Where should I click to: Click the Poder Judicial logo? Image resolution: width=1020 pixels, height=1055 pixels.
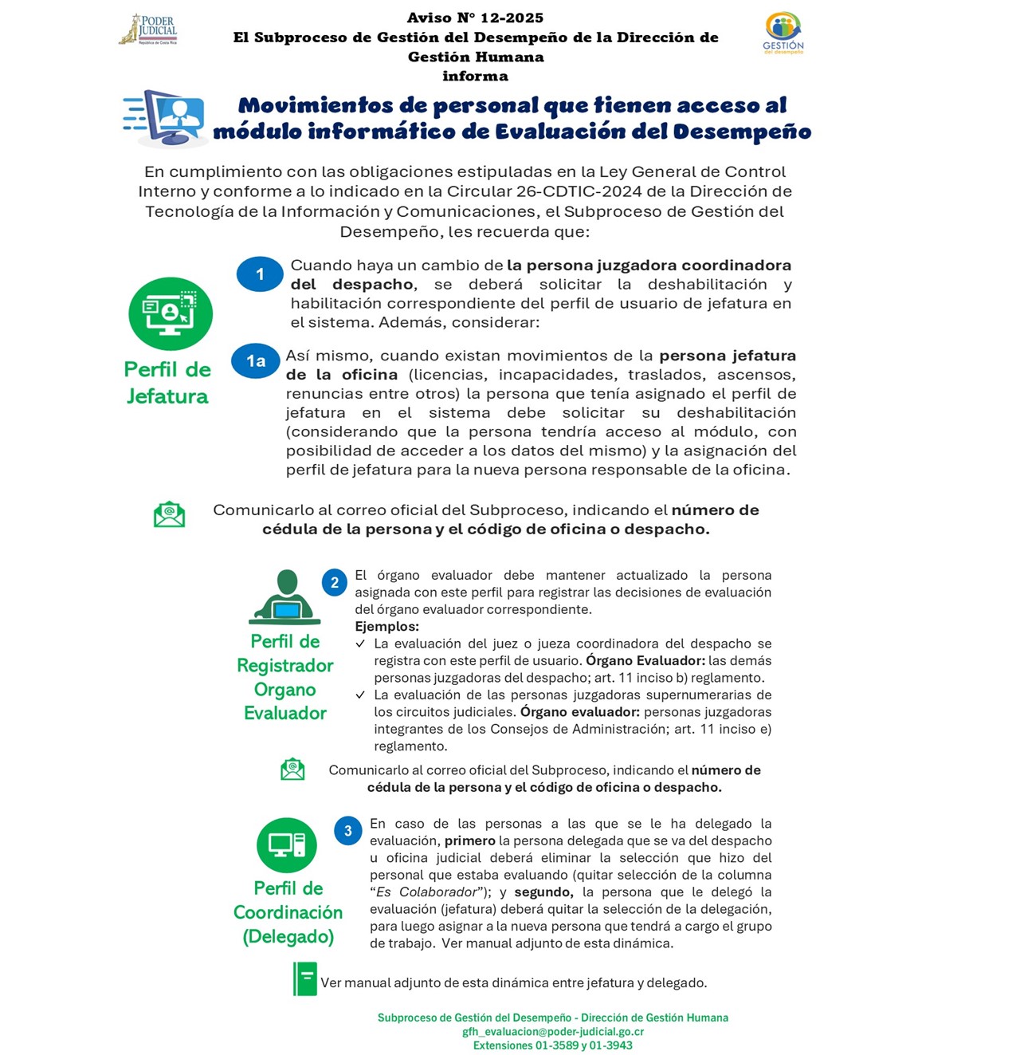[149, 30]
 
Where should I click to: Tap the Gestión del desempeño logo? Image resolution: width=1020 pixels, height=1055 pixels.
[783, 32]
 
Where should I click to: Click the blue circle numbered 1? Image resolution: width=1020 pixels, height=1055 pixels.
[260, 274]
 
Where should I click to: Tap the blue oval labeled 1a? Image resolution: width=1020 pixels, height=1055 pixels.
[255, 361]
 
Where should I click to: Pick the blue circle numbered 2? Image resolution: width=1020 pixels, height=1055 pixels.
[335, 583]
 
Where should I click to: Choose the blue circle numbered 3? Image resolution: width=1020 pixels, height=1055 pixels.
[347, 831]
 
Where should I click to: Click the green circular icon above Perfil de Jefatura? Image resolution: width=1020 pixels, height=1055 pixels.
[171, 313]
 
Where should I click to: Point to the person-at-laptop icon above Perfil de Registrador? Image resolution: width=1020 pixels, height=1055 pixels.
[285, 598]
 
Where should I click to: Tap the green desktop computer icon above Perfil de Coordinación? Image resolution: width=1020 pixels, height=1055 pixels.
[287, 844]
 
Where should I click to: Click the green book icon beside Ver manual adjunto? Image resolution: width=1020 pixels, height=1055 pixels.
[305, 979]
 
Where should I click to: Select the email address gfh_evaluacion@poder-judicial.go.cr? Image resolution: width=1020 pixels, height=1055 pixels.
[553, 1031]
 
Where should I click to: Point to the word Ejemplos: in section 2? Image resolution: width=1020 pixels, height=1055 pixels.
[386, 627]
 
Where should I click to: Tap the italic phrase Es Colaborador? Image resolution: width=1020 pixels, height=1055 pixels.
[426, 892]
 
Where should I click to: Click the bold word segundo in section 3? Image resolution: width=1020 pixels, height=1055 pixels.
[543, 892]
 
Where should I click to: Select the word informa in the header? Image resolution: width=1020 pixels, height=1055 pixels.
[475, 76]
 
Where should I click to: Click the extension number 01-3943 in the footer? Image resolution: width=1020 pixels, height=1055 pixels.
[611, 1045]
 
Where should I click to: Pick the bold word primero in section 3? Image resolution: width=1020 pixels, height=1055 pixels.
[469, 840]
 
